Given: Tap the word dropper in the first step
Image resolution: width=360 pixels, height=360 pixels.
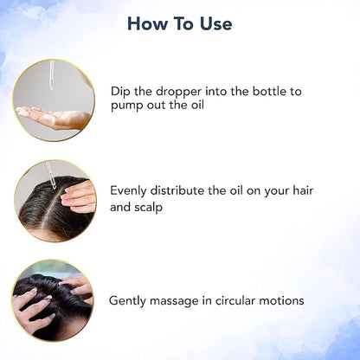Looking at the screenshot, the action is (178, 93).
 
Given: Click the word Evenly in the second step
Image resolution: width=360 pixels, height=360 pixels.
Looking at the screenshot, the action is (128, 191).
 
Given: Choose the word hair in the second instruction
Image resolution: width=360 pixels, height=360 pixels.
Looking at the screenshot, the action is (303, 190).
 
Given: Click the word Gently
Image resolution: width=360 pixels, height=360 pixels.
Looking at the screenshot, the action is (127, 301).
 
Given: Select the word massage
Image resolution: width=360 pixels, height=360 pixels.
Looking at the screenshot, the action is (174, 301).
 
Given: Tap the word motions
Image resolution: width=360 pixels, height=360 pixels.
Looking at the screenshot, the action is (281, 300).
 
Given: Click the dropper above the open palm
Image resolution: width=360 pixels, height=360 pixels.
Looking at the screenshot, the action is (51, 74).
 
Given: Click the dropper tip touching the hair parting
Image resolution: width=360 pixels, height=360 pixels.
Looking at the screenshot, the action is (55, 187).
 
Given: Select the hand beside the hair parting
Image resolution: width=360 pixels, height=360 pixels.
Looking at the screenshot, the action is (79, 196).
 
